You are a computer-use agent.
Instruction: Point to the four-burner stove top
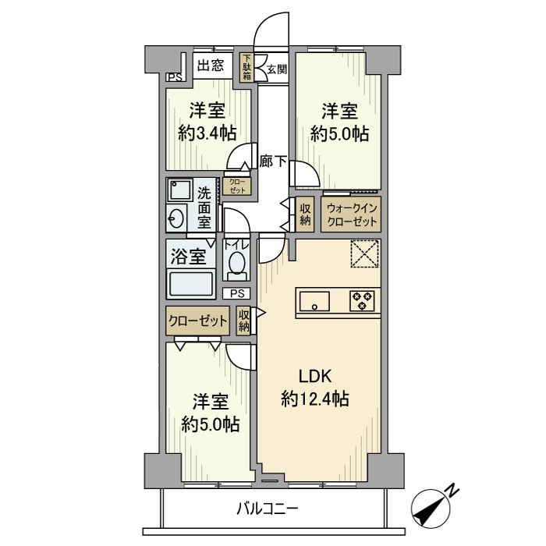coord(362,300)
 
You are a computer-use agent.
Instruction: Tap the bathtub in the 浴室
coord(192,282)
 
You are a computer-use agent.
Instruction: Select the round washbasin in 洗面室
coord(176,218)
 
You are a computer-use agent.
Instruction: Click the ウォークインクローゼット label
coord(352,214)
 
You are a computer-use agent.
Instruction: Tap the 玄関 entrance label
coord(276,69)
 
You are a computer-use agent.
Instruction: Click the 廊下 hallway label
coord(273,162)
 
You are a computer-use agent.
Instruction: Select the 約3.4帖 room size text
coord(207,133)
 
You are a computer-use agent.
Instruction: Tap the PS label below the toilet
coord(237,293)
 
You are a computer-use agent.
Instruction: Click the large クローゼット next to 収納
coord(197,321)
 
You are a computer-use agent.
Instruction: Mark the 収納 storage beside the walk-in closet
coord(305,214)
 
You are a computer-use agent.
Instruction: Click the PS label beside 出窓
coord(174,76)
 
